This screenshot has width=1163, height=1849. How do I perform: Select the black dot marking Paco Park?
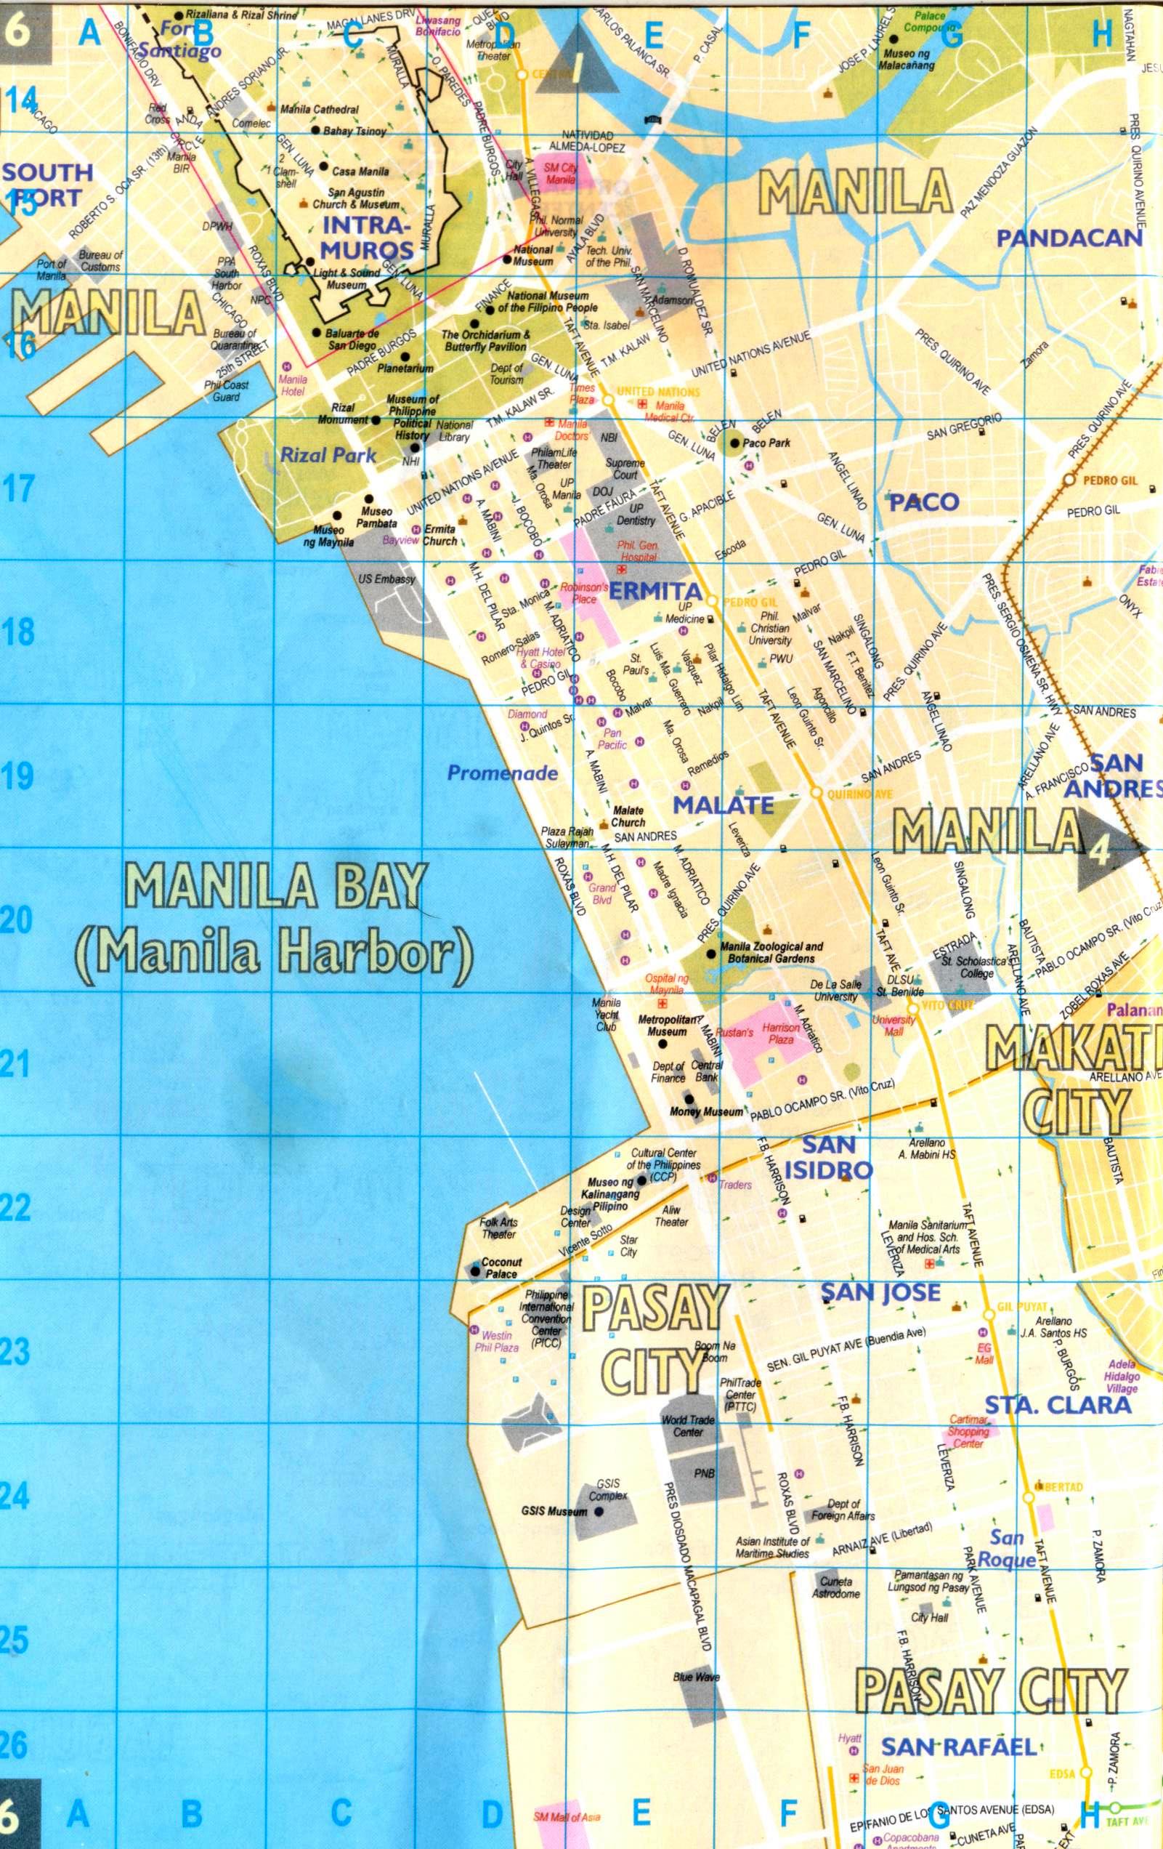[x=734, y=443]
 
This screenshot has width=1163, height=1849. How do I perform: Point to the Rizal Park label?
[x=328, y=455]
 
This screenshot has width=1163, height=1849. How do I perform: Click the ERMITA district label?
[x=655, y=591]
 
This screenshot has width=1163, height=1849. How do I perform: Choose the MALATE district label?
[x=723, y=804]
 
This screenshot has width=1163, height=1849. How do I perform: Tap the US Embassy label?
[x=386, y=579]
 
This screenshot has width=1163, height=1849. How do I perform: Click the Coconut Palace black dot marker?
[x=475, y=1268]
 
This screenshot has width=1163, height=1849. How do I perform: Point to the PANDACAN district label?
[x=1069, y=239]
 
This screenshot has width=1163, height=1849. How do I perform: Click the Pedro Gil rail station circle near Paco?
[x=1069, y=480]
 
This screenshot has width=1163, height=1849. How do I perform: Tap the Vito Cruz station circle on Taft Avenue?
[x=912, y=1006]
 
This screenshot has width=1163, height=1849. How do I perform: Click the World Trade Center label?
[x=688, y=1426]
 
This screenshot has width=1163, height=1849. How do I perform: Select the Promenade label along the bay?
[x=502, y=773]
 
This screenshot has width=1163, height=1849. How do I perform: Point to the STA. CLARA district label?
[x=1058, y=1404]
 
